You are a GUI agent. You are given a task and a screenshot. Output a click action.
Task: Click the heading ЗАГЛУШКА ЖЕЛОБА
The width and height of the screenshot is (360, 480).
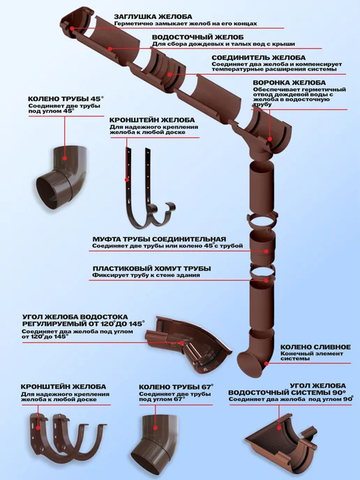(x=153, y=17)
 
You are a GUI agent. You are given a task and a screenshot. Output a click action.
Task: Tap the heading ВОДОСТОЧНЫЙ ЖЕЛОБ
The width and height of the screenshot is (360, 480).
(x=197, y=38)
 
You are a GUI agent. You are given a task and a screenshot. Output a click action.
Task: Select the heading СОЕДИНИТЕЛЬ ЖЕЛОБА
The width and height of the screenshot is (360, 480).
(x=258, y=57)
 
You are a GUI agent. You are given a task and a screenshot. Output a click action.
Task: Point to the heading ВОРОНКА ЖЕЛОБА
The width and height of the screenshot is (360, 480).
(x=290, y=82)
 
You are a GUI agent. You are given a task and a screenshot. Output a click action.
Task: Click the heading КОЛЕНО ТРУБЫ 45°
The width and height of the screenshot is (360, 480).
(x=66, y=99)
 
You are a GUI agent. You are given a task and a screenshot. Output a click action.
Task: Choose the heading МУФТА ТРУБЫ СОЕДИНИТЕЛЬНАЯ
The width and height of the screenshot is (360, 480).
(x=159, y=239)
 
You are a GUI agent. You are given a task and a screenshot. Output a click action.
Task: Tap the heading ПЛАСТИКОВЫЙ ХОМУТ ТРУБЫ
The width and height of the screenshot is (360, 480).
(x=152, y=269)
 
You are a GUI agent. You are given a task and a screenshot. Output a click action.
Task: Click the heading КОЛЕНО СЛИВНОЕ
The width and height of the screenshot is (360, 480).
(x=315, y=347)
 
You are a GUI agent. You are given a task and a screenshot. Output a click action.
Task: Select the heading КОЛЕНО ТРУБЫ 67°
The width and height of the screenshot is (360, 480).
(x=177, y=387)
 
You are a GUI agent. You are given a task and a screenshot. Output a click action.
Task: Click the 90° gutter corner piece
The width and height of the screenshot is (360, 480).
(x=280, y=440)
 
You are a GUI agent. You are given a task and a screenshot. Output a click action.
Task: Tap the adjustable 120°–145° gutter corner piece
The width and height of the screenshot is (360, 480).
(x=187, y=345)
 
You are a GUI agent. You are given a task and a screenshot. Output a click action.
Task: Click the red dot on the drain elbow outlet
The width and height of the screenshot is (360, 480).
(x=267, y=363)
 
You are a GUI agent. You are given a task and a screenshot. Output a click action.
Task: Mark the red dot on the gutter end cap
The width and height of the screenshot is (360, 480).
(x=72, y=29)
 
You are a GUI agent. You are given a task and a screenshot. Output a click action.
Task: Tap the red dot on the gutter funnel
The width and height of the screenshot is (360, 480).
(x=270, y=139)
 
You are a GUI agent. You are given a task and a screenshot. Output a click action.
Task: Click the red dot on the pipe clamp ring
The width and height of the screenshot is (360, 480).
(x=267, y=280)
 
